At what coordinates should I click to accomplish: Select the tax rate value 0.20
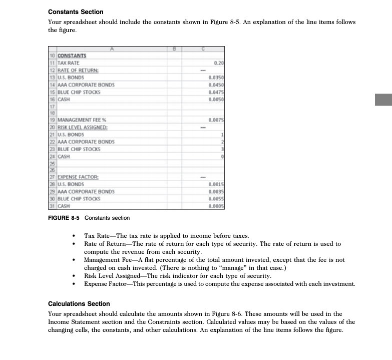coord(218,63)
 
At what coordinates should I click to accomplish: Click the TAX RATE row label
coord(69,63)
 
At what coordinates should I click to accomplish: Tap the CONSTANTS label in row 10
coord(72,56)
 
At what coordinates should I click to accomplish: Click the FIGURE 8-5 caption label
coord(65,218)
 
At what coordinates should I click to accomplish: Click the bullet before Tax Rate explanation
coord(74,236)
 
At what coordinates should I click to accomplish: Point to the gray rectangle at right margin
coord(383,98)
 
